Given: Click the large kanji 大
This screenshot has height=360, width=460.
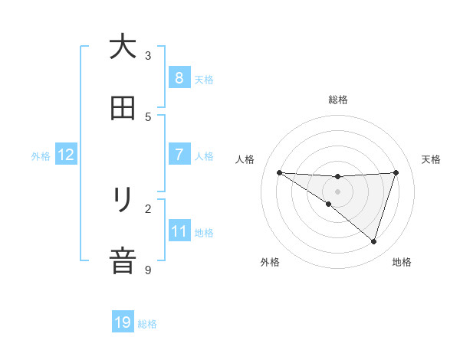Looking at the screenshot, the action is pyautogui.click(x=123, y=47).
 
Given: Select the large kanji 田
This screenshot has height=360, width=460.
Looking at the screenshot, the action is pyautogui.click(x=123, y=109).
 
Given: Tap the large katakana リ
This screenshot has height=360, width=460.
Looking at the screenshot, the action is pyautogui.click(x=123, y=201).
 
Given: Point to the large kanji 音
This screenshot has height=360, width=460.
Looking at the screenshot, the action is pyautogui.click(x=123, y=260).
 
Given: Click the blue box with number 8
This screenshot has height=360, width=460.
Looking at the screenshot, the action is pyautogui.click(x=179, y=78).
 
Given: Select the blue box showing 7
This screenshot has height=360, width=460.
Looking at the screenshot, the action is pyautogui.click(x=179, y=155).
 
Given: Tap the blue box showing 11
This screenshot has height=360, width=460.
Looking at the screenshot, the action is pyautogui.click(x=179, y=231).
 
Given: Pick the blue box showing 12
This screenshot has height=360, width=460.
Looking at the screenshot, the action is pyautogui.click(x=65, y=155).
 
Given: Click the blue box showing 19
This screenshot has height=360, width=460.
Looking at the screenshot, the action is pyautogui.click(x=123, y=322).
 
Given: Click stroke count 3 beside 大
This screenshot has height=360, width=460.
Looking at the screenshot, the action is pyautogui.click(x=149, y=55).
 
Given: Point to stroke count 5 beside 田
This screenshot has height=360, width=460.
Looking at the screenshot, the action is pyautogui.click(x=149, y=116).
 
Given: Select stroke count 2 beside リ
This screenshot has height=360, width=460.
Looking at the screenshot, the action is pyautogui.click(x=149, y=208).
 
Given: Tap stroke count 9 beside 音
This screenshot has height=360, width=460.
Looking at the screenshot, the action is pyautogui.click(x=149, y=270).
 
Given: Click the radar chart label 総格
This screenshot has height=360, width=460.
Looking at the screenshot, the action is pyautogui.click(x=338, y=100).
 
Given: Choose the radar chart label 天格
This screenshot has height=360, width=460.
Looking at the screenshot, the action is pyautogui.click(x=432, y=159).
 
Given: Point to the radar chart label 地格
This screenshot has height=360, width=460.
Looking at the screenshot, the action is pyautogui.click(x=402, y=262).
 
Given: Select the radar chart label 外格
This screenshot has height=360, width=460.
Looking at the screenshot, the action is pyautogui.click(x=270, y=262).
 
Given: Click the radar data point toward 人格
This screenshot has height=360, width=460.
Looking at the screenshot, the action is pyautogui.click(x=279, y=172).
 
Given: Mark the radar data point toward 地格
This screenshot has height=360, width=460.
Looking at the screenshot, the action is pyautogui.click(x=373, y=241).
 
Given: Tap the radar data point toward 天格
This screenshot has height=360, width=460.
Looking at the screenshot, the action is pyautogui.click(x=396, y=172).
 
